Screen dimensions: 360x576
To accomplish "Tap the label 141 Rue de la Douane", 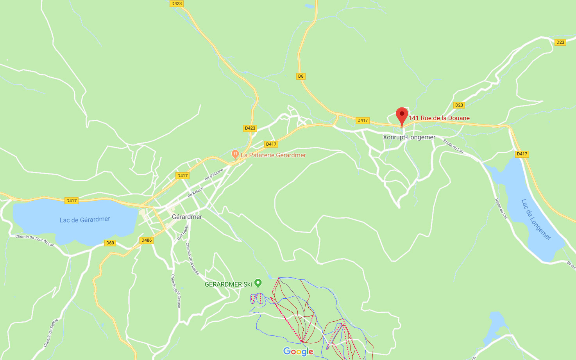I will [439, 118].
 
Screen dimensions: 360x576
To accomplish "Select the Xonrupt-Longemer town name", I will [409, 137].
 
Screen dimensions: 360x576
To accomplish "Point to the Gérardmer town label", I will [187, 217].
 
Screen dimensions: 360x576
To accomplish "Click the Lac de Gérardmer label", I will [85, 219].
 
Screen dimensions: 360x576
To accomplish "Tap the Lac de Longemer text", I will [536, 219].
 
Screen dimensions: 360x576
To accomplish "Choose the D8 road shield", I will [301, 76].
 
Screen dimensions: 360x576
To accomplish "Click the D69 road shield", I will [110, 243].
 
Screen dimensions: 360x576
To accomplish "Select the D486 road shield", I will [147, 240].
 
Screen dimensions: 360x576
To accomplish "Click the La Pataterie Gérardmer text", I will [273, 155].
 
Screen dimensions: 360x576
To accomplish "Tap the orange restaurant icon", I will [235, 154].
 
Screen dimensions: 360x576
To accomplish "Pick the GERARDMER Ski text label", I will [228, 284].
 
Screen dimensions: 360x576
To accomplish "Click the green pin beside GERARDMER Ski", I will [258, 283].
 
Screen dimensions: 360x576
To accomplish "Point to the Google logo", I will [298, 351].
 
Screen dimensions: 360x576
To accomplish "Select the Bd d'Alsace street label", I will [214, 175].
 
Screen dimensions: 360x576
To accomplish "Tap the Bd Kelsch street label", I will [195, 192].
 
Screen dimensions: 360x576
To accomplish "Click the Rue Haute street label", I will [183, 232].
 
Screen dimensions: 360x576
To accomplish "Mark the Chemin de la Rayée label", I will [192, 258].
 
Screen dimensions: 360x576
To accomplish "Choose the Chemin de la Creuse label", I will [175, 291].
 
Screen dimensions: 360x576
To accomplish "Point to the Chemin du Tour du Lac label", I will [35, 240].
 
